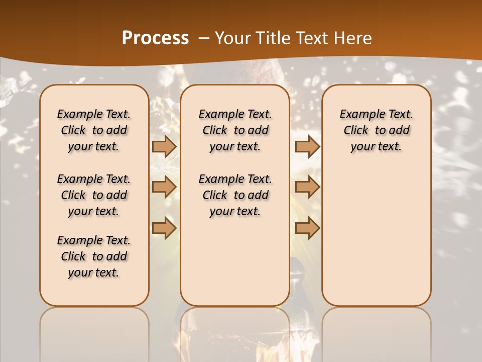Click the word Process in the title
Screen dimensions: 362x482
click(155, 38)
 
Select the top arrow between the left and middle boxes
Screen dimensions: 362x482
click(164, 146)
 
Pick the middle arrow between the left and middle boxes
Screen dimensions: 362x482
click(164, 187)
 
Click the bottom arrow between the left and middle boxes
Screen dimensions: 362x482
click(164, 228)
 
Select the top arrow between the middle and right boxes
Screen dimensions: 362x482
click(307, 146)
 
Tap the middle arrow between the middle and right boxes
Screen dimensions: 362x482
click(307, 187)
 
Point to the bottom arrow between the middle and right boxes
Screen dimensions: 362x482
click(307, 228)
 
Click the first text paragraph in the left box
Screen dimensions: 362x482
click(94, 130)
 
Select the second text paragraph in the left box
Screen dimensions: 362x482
click(94, 195)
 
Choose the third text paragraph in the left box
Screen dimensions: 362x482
click(94, 256)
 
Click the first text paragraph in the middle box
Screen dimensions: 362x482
click(235, 130)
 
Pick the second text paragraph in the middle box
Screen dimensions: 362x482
click(235, 195)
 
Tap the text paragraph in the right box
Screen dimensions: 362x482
click(376, 130)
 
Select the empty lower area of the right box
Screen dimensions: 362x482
click(376, 236)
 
